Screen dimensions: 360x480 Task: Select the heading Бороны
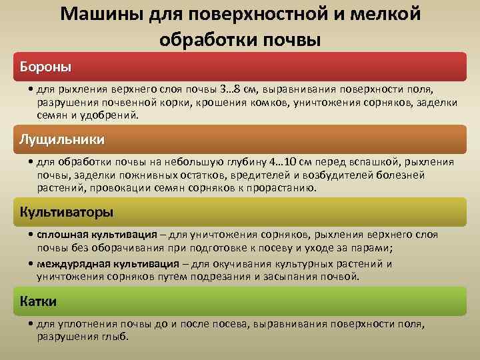tap(46, 67)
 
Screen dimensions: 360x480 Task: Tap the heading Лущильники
tap(63, 140)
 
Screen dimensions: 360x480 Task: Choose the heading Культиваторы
tap(67, 212)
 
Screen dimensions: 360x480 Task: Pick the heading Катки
tap(39, 301)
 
